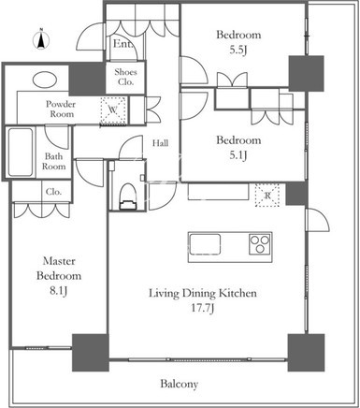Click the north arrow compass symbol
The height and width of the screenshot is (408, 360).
click(41, 39)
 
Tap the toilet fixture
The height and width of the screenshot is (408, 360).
click(128, 197)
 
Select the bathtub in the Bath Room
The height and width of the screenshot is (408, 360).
click(21, 153)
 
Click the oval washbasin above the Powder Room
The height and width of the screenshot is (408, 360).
click(45, 80)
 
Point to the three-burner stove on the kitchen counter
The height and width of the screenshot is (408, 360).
click(260, 243)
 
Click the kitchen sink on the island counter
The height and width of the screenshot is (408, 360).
click(205, 244)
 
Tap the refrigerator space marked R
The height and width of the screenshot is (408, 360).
click(267, 196)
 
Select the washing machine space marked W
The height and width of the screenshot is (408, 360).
click(113, 109)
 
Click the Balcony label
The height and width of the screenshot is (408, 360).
click(180, 384)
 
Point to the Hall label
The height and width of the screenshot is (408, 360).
click(160, 143)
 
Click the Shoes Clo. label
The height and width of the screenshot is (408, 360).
click(125, 77)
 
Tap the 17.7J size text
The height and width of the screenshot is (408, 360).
click(203, 309)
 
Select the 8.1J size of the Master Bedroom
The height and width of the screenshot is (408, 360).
click(59, 291)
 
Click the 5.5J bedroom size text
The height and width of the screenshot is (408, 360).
click(238, 50)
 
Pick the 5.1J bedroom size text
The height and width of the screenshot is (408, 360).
click(238, 155)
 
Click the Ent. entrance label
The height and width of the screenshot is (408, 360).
click(122, 44)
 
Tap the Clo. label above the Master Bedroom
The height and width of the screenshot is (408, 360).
click(53, 192)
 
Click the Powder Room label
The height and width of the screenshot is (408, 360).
click(61, 109)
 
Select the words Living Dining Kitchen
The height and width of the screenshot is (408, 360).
click(203, 294)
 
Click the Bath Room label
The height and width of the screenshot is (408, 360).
click(54, 161)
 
